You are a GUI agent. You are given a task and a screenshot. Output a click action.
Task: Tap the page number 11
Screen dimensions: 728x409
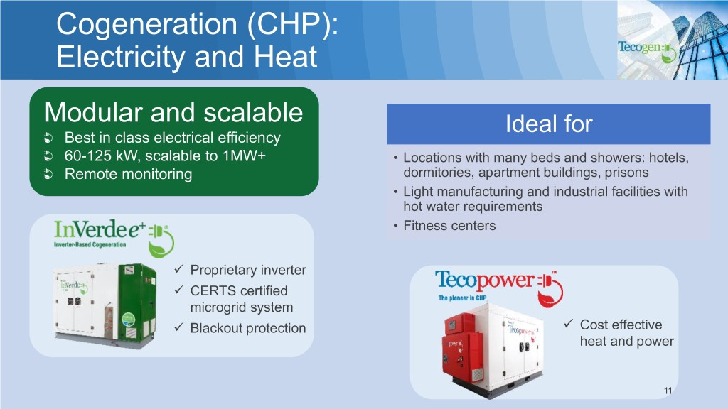coord(668,391)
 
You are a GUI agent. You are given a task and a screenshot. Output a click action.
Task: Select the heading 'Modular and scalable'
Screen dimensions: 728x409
coord(173,113)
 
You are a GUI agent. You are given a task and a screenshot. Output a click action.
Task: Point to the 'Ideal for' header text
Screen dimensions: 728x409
coord(549,124)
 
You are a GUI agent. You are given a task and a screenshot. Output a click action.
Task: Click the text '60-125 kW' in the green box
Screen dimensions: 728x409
coord(99,156)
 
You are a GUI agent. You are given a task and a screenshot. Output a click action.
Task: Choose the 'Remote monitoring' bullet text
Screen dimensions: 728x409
coord(128,174)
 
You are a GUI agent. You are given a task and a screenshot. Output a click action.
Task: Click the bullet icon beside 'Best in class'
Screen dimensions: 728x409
coord(48,138)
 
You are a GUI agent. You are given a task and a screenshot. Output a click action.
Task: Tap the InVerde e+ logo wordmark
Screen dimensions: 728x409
coord(100,229)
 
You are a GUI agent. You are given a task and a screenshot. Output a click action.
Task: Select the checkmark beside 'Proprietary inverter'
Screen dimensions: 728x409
coord(179,268)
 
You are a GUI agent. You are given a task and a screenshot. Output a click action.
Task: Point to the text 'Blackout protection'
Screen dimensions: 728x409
coord(248,328)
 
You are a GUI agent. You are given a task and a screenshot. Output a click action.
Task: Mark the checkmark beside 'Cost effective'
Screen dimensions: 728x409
coord(569,323)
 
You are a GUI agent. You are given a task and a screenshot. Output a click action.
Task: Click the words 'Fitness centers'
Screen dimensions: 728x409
coord(449,226)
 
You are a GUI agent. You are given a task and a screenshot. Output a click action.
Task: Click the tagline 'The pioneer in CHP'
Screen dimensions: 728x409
coord(462,298)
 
